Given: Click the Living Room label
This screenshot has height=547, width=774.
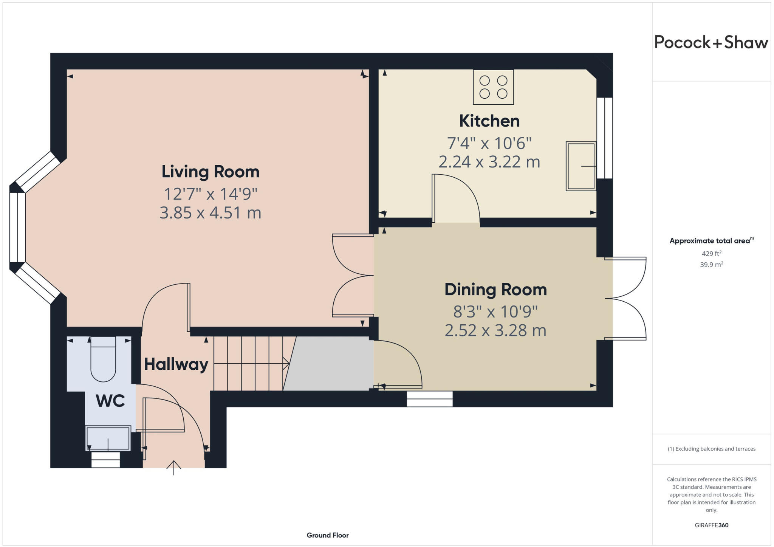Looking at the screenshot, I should click(211, 172).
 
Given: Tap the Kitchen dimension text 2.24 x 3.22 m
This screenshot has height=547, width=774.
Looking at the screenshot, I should click(489, 162).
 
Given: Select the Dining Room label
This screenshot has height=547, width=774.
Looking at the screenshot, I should click(495, 290).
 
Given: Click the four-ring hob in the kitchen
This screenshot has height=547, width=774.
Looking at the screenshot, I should click(493, 87).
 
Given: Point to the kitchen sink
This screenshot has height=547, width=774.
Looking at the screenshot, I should click(580, 166).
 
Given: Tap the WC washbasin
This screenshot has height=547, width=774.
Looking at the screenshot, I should click(108, 438).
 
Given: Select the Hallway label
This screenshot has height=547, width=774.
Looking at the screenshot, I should click(176, 364).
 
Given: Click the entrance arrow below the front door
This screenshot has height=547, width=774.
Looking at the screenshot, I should click(174, 468).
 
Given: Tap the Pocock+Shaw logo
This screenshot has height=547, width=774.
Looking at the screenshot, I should click(711, 42).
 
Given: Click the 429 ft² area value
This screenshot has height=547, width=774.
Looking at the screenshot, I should click(711, 254).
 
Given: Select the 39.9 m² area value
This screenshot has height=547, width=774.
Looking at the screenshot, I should click(711, 265).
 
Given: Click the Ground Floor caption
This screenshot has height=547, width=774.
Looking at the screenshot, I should click(327, 535).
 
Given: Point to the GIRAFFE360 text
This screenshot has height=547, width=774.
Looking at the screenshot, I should click(711, 525).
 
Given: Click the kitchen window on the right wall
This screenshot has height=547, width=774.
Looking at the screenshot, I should click(604, 138).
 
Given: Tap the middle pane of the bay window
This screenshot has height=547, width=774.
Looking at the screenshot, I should click(17, 227).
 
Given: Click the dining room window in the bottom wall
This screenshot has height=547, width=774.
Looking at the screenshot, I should click(430, 399).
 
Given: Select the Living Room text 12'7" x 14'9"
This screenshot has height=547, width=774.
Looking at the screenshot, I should click(211, 194).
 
